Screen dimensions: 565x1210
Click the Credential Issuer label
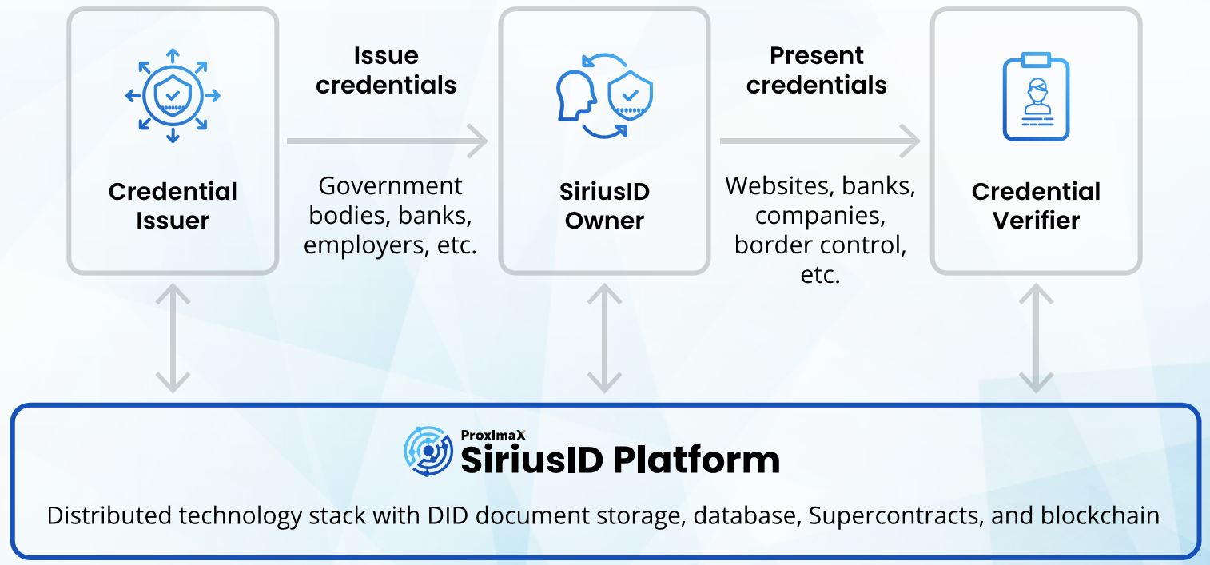[x=173, y=205]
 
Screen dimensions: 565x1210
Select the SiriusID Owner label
[x=604, y=205]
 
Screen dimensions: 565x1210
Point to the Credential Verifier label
[x=1036, y=205]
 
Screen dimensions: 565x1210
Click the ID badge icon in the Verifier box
[x=1036, y=97]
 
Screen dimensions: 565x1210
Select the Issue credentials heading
[x=386, y=70]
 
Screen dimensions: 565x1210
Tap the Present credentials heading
[x=816, y=70]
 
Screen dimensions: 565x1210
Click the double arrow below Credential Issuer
[x=173, y=339]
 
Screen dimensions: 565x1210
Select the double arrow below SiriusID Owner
[x=604, y=339]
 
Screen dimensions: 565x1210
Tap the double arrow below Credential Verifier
[x=1036, y=339]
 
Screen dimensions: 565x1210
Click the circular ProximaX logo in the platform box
[x=428, y=451]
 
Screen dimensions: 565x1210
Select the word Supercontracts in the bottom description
[x=894, y=515]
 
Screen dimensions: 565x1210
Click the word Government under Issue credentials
[x=390, y=185]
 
